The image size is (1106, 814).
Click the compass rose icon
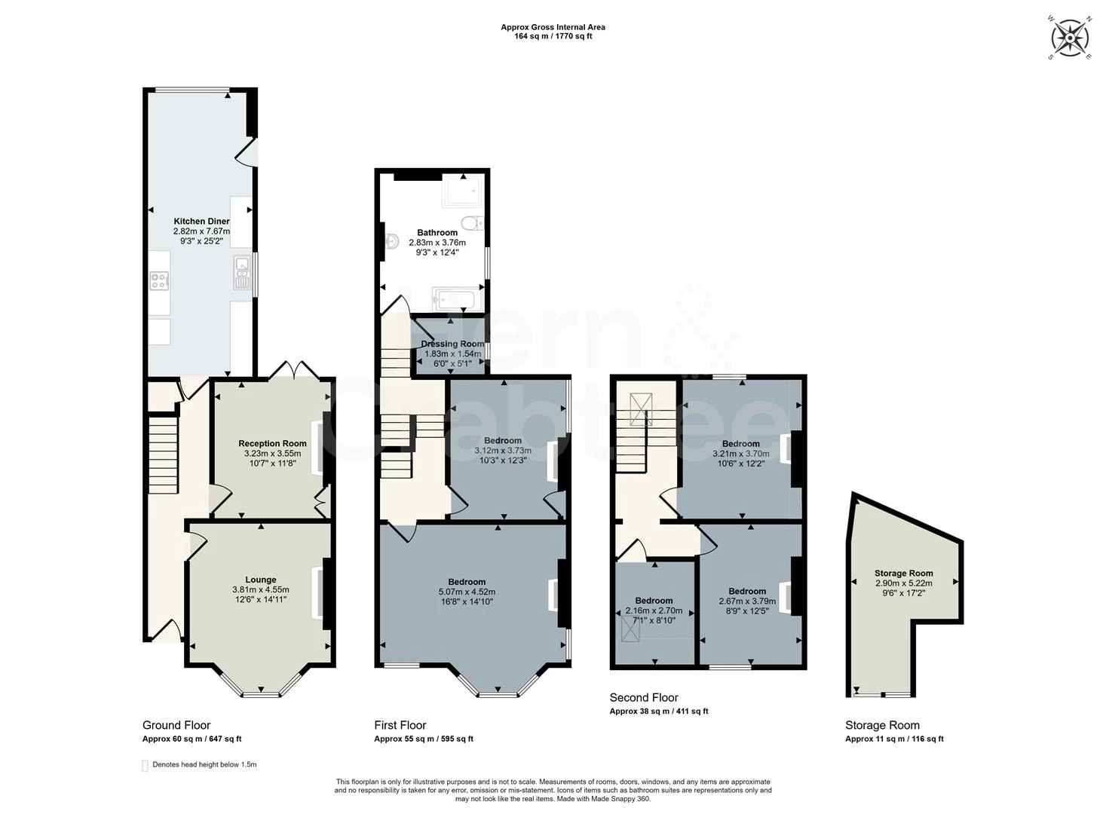[x=1070, y=37]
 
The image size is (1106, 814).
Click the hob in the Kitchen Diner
[x=159, y=281]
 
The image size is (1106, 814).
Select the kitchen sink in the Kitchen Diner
[x=242, y=272]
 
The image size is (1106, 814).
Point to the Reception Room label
[x=272, y=443]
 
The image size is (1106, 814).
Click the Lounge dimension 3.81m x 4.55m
[x=260, y=589]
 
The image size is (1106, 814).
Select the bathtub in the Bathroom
[x=457, y=299]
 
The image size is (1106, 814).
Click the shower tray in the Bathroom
[x=461, y=191]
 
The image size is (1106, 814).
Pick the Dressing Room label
[x=452, y=344]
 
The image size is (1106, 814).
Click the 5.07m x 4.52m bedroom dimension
[x=467, y=592]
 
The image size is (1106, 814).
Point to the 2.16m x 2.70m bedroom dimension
[x=654, y=610]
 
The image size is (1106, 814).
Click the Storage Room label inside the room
[x=903, y=573]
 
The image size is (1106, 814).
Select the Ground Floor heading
[x=176, y=725]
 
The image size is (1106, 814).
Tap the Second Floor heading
[x=643, y=697]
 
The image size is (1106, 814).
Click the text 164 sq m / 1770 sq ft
[x=553, y=36]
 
